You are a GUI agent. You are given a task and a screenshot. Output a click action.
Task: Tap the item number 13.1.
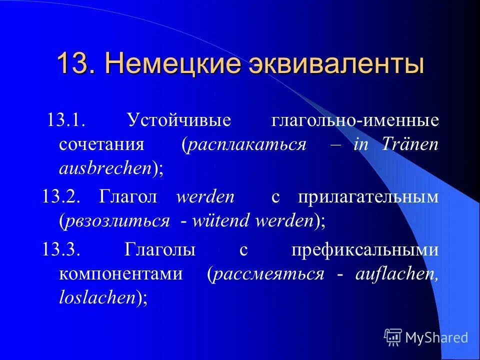(66, 121)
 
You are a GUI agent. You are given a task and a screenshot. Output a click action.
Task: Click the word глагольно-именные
(355, 121)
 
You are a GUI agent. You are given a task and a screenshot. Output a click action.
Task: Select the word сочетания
(101, 145)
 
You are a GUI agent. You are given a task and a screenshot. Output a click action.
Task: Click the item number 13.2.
(61, 197)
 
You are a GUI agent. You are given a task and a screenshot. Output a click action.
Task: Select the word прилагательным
(368, 197)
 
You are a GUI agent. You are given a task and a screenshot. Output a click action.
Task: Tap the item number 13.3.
(61, 250)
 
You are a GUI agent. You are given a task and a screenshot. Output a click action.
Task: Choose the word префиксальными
(365, 250)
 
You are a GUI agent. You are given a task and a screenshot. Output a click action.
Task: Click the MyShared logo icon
(393, 337)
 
